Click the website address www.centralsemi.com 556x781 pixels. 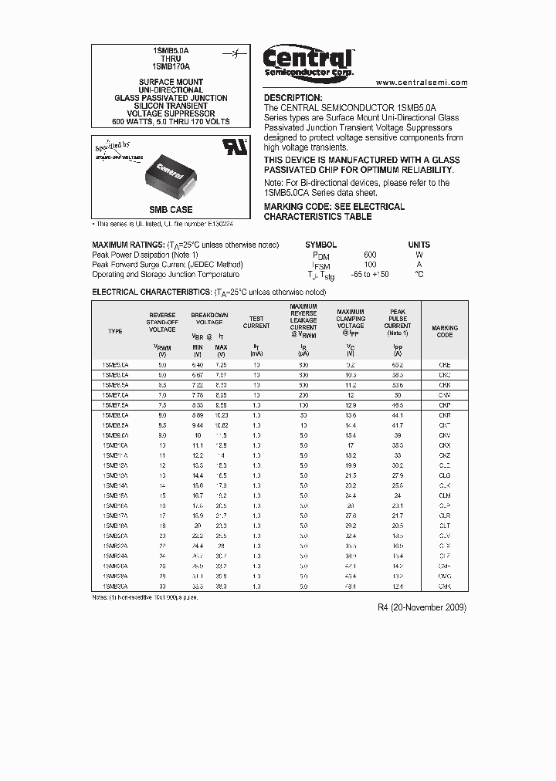[x=422, y=82]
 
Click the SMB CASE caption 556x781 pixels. [x=171, y=210]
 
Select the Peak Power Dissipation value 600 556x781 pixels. [x=371, y=255]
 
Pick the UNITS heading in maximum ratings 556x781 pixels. [x=419, y=245]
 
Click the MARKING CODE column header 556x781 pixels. [x=445, y=331]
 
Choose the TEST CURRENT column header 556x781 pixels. [x=256, y=322]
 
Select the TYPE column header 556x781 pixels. [x=115, y=331]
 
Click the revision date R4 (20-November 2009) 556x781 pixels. [x=422, y=607]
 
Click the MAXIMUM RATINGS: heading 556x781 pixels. [x=125, y=245]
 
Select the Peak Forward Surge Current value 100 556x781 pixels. [x=371, y=265]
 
